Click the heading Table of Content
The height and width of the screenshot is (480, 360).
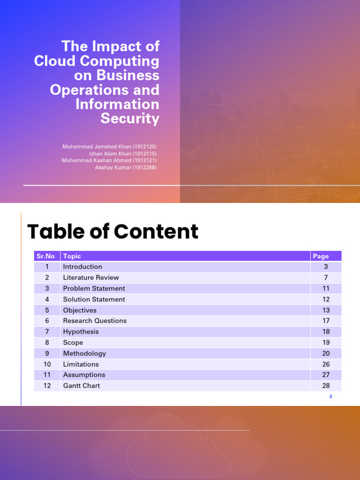tap(112, 232)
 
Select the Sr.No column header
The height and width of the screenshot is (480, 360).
tap(45, 256)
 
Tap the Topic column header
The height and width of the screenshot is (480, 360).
tap(72, 256)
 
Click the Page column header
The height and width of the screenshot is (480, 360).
tap(321, 256)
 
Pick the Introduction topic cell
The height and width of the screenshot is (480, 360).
tap(82, 267)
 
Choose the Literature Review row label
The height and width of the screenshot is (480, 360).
tap(91, 277)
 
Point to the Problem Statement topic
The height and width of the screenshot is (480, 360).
tap(94, 288)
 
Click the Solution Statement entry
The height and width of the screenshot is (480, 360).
tap(94, 299)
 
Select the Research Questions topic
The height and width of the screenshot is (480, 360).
tap(95, 321)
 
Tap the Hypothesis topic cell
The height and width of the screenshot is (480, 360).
tap(81, 331)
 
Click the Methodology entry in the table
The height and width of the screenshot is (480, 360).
tap(84, 353)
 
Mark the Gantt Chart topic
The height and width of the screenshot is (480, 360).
tap(82, 386)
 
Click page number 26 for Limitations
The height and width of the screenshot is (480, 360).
tap(326, 364)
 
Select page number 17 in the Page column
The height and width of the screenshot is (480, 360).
tap(326, 321)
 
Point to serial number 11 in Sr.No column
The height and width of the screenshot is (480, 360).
tap(47, 375)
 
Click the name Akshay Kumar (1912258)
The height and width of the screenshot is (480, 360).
tap(126, 167)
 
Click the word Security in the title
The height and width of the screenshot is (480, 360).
tap(130, 119)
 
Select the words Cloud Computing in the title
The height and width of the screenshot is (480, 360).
tap(97, 61)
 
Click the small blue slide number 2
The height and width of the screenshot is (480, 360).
tap(330, 397)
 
